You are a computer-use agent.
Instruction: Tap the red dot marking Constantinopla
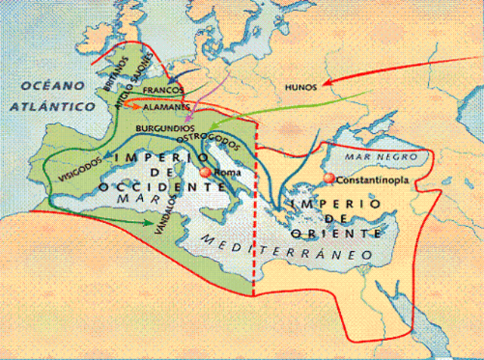(x=328, y=178)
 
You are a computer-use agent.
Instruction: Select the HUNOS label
(x=299, y=88)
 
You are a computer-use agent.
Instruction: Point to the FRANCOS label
(x=163, y=91)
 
